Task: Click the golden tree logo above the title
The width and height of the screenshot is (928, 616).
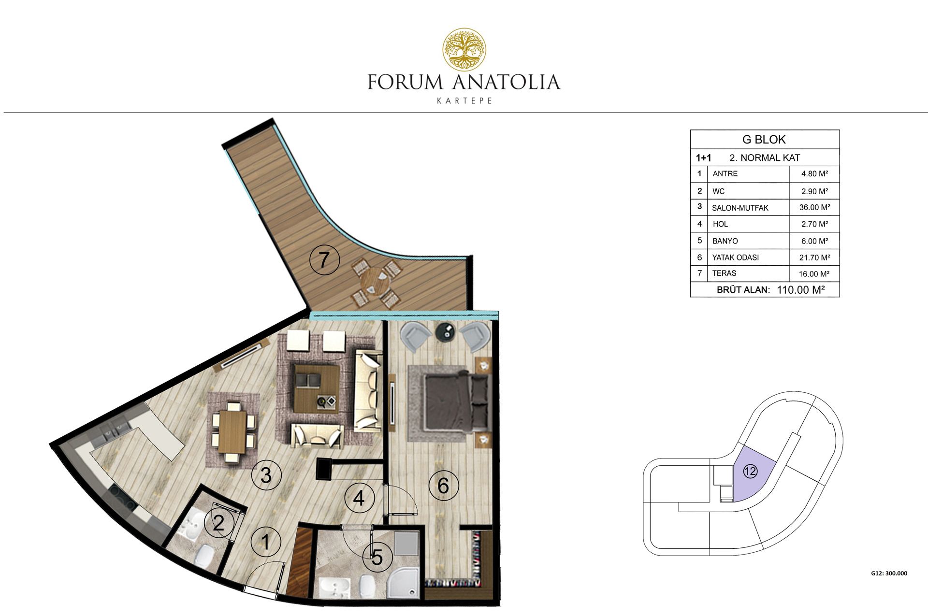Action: (x=465, y=49)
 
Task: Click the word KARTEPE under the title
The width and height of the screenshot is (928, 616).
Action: (x=464, y=101)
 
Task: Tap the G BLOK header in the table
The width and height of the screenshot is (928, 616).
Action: (x=764, y=140)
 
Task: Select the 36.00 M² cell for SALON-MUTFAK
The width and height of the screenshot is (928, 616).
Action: (x=814, y=207)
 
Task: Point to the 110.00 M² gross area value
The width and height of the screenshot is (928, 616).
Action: (x=800, y=290)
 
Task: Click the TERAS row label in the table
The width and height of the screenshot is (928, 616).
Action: (x=724, y=273)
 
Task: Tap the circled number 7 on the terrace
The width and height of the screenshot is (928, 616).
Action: (x=324, y=260)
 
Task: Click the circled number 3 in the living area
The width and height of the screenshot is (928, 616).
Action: (x=266, y=475)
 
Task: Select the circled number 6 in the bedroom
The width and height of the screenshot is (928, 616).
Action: (x=443, y=485)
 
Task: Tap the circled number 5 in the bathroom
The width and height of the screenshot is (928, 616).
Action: (x=377, y=558)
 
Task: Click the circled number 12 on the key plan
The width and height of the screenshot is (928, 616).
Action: (x=750, y=471)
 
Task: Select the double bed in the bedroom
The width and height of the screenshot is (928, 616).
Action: (x=457, y=401)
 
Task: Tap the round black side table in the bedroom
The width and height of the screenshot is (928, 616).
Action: (x=445, y=332)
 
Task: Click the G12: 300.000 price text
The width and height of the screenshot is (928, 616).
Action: (x=889, y=573)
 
